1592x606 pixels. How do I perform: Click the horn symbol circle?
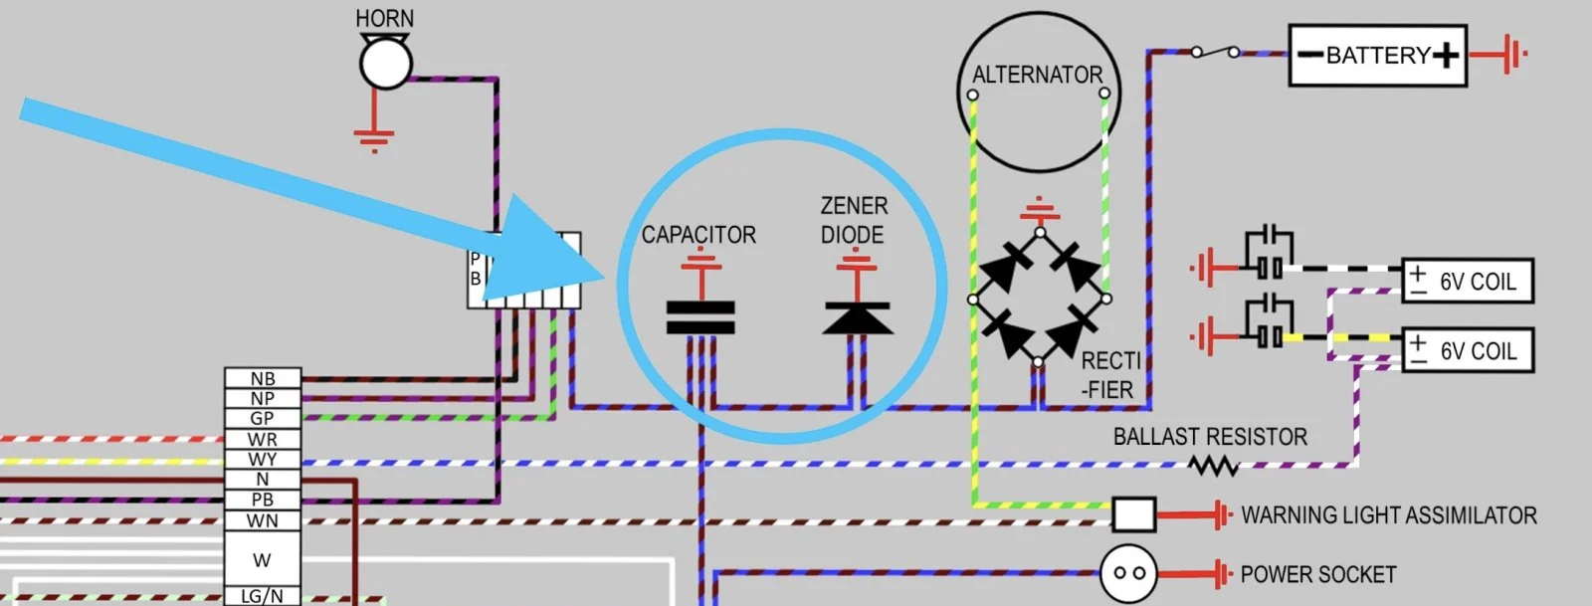tap(385, 64)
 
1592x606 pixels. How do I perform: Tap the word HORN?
tap(385, 19)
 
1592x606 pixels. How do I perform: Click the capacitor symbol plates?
tap(700, 316)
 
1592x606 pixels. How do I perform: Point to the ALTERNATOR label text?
tap(1038, 75)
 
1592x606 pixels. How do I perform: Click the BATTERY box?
tap(1378, 56)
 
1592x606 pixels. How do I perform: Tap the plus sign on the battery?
tap(1446, 56)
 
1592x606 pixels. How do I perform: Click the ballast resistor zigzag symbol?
tap(1213, 465)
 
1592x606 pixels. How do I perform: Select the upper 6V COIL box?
tap(1467, 282)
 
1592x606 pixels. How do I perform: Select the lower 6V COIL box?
tap(1467, 351)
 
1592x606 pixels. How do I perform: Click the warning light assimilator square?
tap(1133, 514)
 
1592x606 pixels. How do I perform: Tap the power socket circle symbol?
tap(1128, 573)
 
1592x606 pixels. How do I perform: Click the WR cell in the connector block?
tap(262, 439)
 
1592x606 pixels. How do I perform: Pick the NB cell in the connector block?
tap(262, 378)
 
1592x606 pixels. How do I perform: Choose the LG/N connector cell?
tap(262, 596)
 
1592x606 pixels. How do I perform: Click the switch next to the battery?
tap(1215, 51)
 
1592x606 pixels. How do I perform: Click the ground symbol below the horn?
tap(373, 139)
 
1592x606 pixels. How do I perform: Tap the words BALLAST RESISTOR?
tap(1210, 436)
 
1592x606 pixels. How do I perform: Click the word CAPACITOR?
tap(698, 235)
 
